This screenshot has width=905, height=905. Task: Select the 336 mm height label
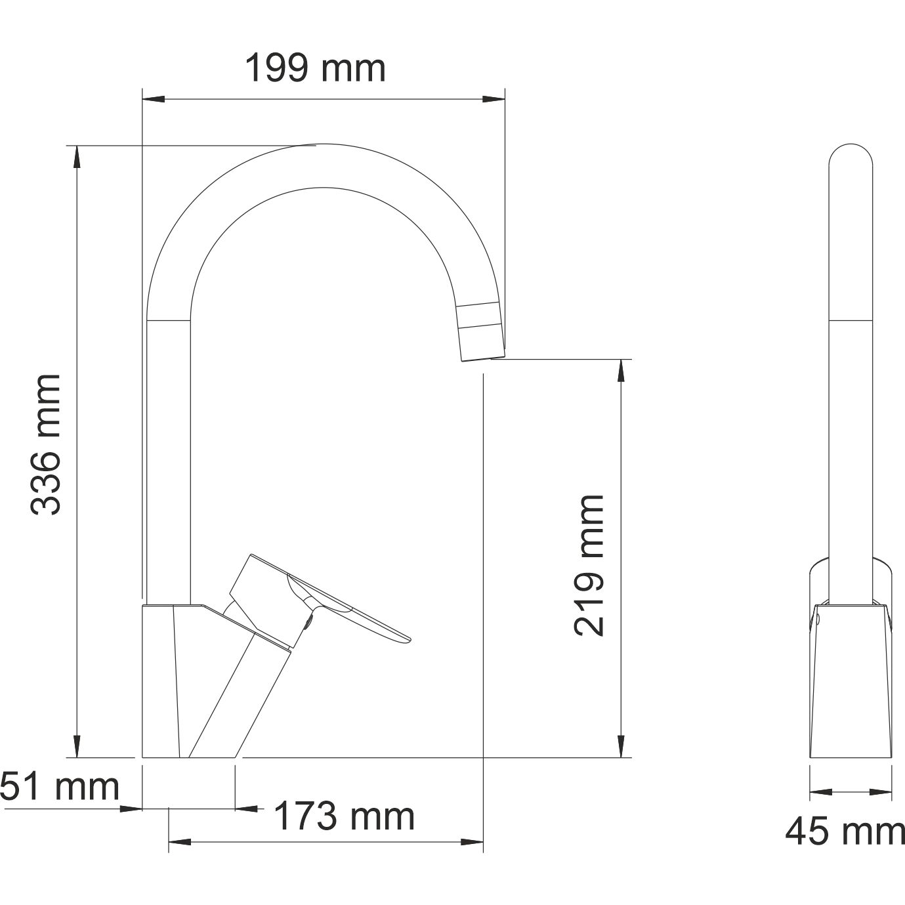tap(47, 444)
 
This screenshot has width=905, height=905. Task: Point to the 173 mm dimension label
tap(344, 817)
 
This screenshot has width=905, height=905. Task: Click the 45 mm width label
tap(845, 832)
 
